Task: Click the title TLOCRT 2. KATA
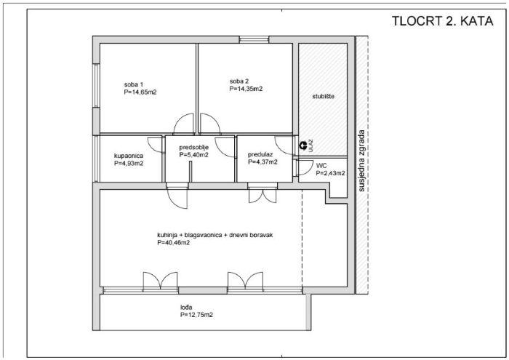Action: (x=442, y=21)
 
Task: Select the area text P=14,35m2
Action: (x=246, y=89)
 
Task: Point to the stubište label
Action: (x=323, y=97)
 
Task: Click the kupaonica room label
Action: (x=129, y=156)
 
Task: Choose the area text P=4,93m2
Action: (x=129, y=164)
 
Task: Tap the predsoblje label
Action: (x=194, y=148)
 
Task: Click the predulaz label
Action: (x=260, y=154)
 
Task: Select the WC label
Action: (x=321, y=166)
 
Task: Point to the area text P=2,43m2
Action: (x=330, y=173)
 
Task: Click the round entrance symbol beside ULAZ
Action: (x=303, y=145)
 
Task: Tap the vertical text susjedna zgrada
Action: (x=361, y=161)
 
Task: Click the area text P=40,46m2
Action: (x=173, y=242)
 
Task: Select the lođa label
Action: (x=186, y=307)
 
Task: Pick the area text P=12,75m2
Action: (x=197, y=315)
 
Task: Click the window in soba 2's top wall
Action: (x=254, y=39)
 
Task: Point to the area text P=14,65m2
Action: (x=140, y=92)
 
